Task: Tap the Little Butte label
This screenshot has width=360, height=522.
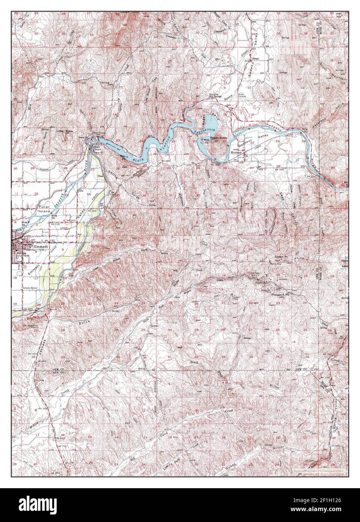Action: click(64, 131)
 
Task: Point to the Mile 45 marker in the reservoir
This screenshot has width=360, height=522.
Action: click(205, 141)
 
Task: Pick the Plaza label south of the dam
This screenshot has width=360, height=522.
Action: click(100, 176)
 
